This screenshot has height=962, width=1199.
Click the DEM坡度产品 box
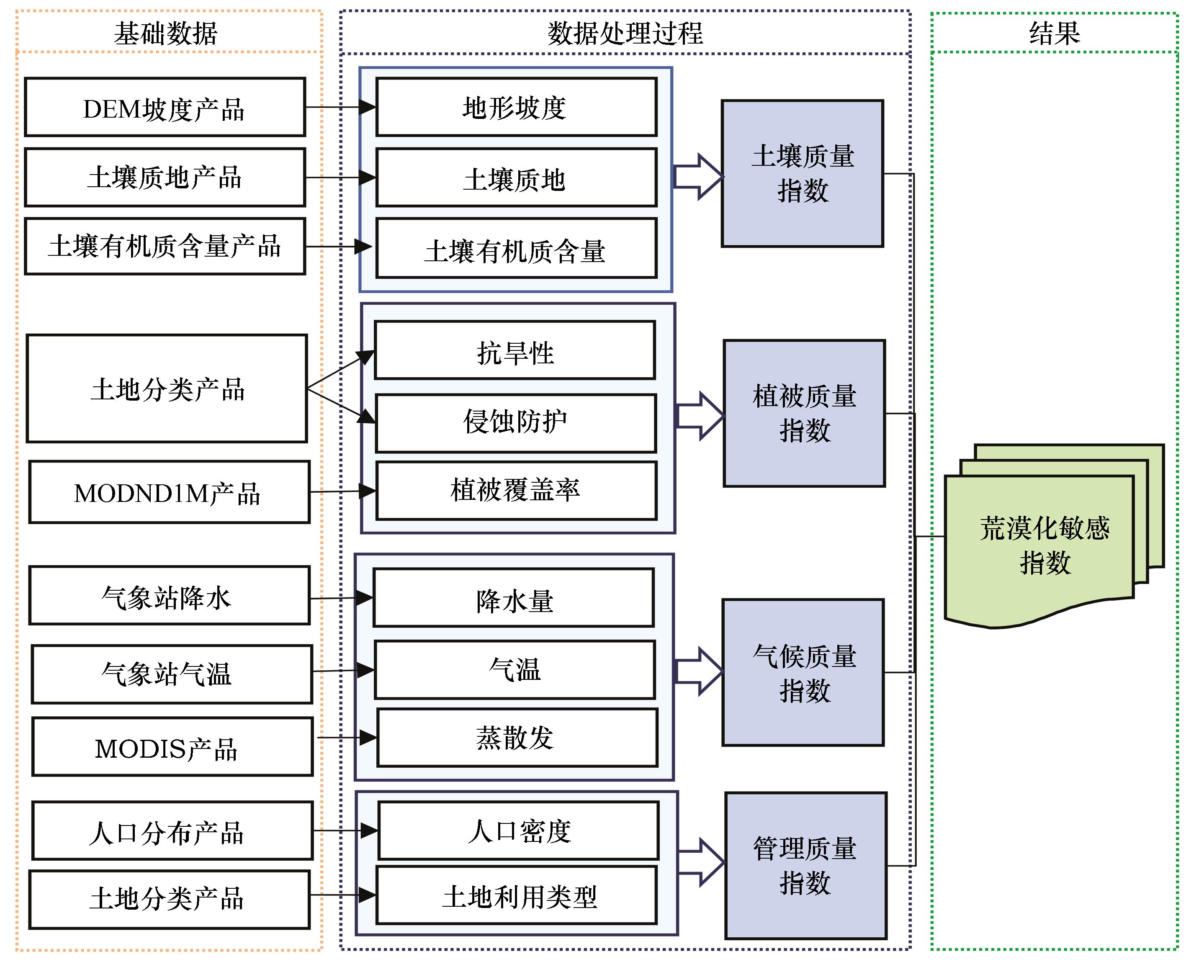165,107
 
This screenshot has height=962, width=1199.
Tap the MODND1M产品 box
169,492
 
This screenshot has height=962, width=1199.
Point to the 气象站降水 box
169,596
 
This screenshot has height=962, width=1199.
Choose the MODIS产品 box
172,747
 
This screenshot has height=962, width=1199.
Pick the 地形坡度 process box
516,107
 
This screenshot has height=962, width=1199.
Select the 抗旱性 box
515,350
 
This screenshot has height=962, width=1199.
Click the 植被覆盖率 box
516,491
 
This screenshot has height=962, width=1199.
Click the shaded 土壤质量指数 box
802,173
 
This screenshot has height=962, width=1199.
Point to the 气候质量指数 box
803,672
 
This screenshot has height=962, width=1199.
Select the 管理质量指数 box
805,866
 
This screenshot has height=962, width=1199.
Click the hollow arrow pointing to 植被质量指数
700,416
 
